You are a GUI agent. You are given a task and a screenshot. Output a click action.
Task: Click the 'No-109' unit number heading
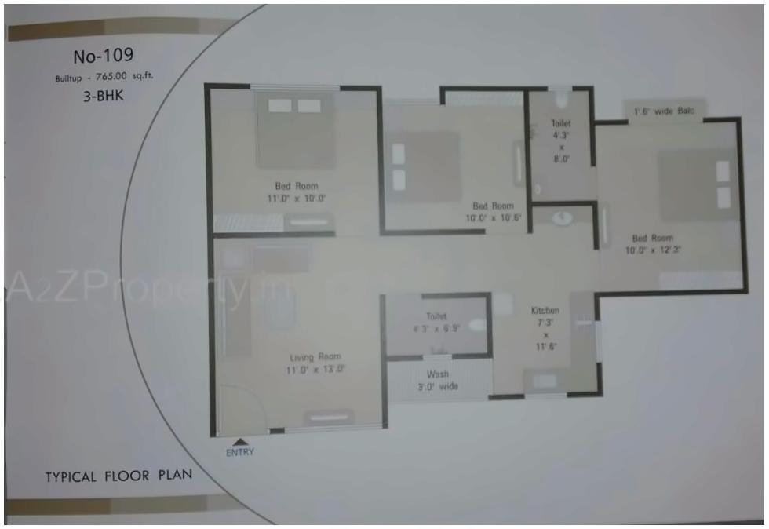click(x=103, y=56)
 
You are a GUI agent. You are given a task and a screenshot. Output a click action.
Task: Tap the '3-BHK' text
click(x=104, y=97)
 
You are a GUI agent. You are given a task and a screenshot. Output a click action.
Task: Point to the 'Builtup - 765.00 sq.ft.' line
click(x=103, y=78)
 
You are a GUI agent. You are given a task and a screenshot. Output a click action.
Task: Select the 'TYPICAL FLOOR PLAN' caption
click(x=118, y=476)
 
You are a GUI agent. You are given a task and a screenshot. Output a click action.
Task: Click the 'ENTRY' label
click(x=239, y=452)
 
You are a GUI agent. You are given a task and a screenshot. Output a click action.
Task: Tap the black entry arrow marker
click(x=239, y=440)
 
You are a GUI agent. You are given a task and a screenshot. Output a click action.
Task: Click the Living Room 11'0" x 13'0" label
click(x=315, y=363)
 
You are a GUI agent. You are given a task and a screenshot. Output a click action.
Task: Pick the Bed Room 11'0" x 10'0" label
click(x=295, y=192)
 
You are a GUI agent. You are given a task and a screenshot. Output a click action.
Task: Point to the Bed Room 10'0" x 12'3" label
click(x=652, y=243)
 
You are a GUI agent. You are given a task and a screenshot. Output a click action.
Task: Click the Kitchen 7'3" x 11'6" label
click(x=545, y=328)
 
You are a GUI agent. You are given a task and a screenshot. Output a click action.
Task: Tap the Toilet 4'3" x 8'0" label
click(x=560, y=140)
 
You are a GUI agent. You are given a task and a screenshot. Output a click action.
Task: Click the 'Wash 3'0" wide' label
click(x=437, y=380)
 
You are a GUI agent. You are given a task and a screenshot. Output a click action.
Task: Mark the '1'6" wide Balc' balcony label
click(x=664, y=111)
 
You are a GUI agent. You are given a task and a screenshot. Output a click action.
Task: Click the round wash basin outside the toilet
click(x=562, y=218)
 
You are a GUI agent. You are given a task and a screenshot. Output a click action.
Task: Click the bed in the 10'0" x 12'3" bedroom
click(x=697, y=185)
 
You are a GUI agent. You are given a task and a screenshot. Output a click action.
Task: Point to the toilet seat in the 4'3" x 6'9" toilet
click(x=476, y=323)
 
